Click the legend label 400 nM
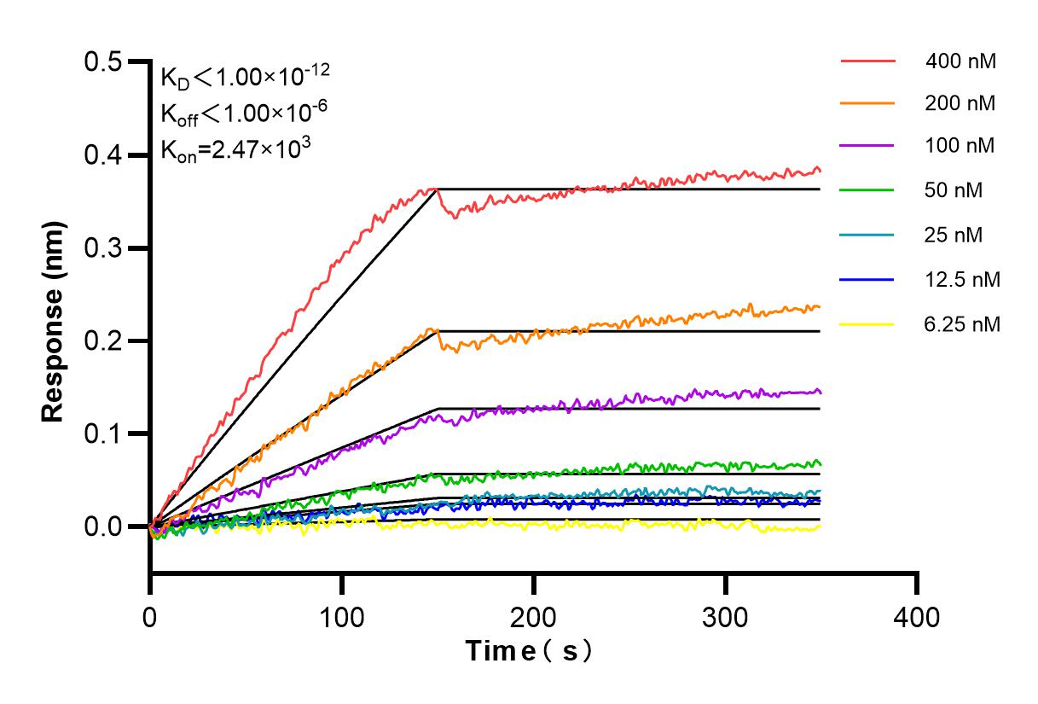[x=960, y=61]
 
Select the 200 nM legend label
[x=960, y=103]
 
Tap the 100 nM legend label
[x=960, y=146]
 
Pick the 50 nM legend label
[x=954, y=190]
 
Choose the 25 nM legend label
[x=954, y=235]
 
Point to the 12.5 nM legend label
[x=962, y=279]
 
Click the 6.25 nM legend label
[x=962, y=323]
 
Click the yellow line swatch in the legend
[x=867, y=324]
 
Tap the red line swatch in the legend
[x=867, y=61]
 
